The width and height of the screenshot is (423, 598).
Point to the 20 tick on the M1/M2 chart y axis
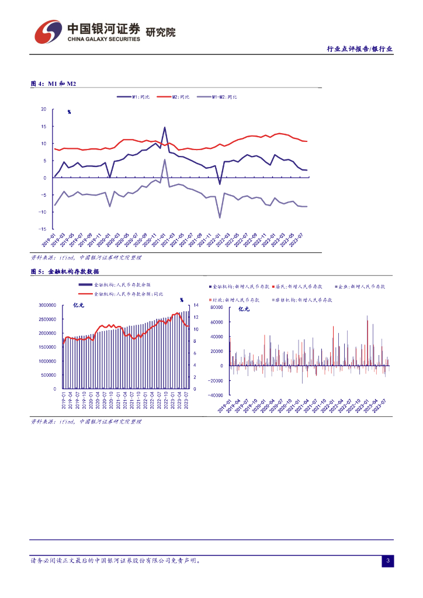(x=44, y=109)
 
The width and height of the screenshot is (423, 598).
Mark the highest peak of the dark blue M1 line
(x=165, y=127)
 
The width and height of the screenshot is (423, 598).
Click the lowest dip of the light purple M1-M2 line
(x=220, y=218)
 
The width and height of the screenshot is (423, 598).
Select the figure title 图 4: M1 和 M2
(x=53, y=84)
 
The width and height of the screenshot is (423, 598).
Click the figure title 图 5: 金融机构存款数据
(x=65, y=272)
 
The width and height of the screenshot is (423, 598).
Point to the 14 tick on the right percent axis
(x=196, y=305)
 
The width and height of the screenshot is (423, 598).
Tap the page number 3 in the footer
(x=387, y=562)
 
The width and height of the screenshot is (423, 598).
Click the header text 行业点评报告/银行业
(x=359, y=50)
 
